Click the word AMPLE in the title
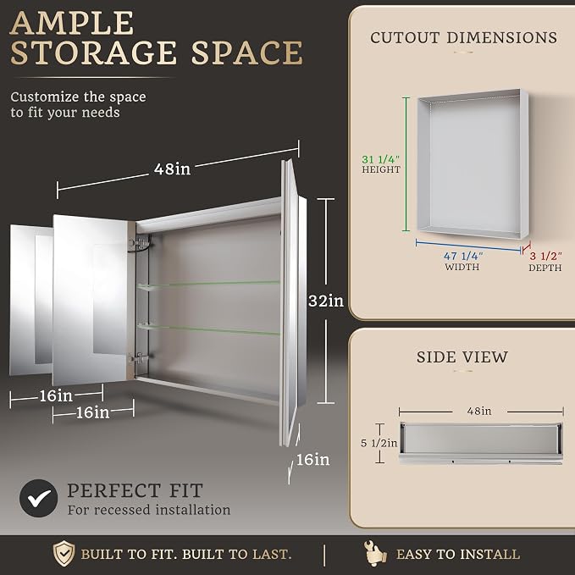tap(72, 23)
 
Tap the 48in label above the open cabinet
tap(173, 169)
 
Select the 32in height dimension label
tap(326, 301)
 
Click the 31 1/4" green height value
tap(380, 159)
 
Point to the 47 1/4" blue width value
tap(463, 256)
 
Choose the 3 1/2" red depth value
tap(545, 256)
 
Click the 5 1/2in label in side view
tap(379, 443)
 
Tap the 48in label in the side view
tap(479, 411)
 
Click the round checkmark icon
tap(38, 498)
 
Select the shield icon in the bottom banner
tap(64, 553)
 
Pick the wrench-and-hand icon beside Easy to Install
tap(375, 553)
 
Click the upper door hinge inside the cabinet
tap(140, 243)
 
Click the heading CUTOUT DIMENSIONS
tap(463, 37)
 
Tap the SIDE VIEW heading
tap(462, 357)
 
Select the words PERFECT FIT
tap(135, 490)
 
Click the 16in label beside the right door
tap(312, 459)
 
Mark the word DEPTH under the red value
tap(545, 268)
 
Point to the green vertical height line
tap(406, 164)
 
